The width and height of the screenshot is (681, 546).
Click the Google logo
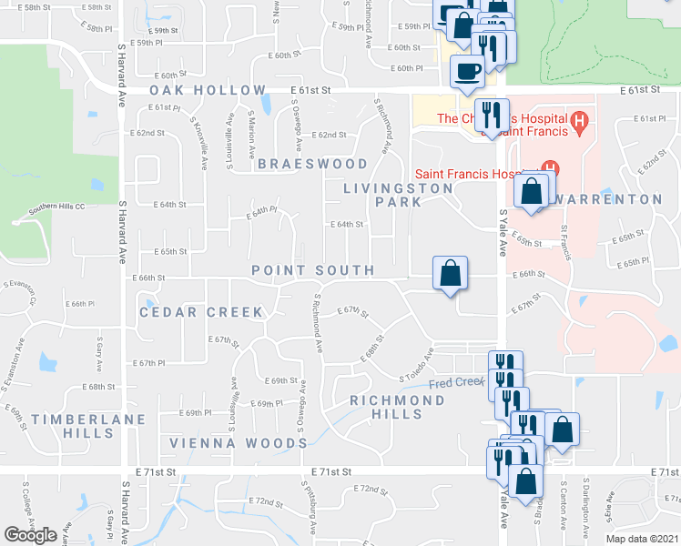[30, 535]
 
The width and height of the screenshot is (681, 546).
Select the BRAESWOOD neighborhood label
[312, 165]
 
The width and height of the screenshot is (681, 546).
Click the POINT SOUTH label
[312, 270]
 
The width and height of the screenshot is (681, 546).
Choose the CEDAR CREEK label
[201, 312]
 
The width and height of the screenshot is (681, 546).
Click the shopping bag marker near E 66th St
[451, 272]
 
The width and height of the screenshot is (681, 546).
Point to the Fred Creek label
[455, 382]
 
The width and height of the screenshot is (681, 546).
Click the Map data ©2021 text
[642, 538]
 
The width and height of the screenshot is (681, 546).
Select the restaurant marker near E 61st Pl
[492, 114]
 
